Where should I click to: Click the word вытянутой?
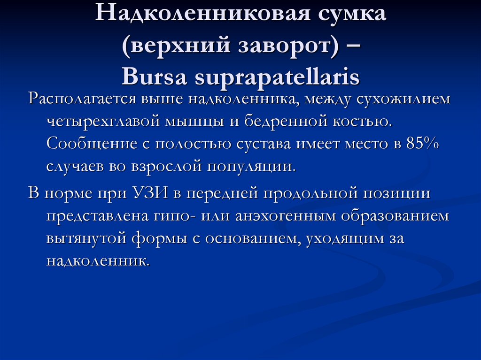point(85,238)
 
